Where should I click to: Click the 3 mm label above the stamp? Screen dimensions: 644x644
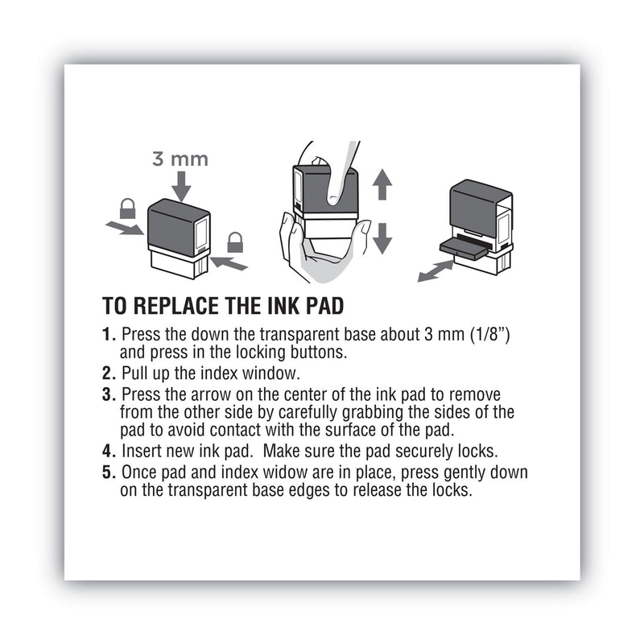tap(180, 159)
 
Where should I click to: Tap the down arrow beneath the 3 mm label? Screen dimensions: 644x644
tap(180, 186)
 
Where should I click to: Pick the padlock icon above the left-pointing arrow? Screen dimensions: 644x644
tap(235, 242)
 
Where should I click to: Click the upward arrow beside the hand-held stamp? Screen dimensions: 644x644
tap(382, 186)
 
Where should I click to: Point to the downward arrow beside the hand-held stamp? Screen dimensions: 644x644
tap(382, 237)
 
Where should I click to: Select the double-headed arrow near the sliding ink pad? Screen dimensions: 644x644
tap(436, 270)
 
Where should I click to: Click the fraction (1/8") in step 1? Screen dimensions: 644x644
tap(490, 335)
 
